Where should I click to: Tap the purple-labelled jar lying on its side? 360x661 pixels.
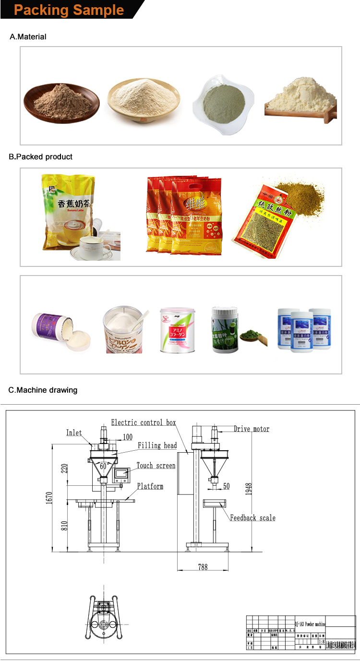click(49, 326)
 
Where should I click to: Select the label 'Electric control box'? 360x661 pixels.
click(144, 422)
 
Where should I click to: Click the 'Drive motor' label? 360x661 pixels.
click(252, 429)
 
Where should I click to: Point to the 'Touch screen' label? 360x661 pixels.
click(156, 466)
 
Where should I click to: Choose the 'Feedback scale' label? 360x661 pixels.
click(252, 517)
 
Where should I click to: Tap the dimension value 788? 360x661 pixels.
click(203, 567)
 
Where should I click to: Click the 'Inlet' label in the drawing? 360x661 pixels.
click(74, 433)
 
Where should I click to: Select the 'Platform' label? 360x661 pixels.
click(150, 486)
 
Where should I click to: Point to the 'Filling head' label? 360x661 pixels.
click(157, 445)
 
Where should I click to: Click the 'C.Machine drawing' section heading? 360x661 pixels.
click(43, 390)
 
